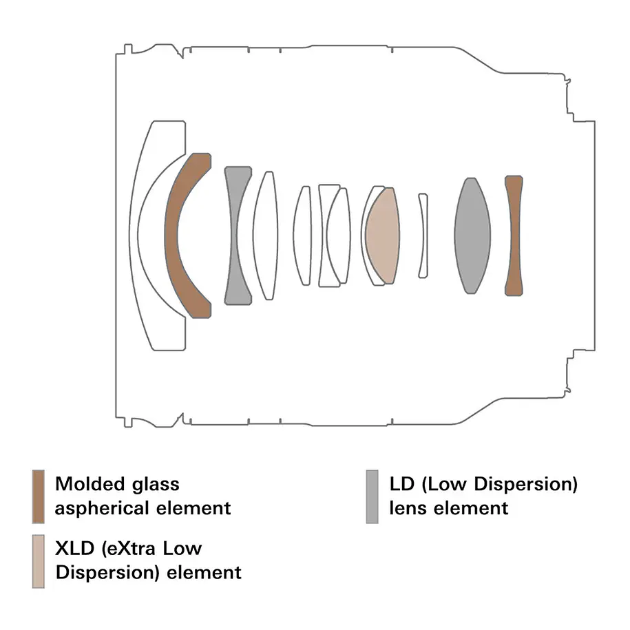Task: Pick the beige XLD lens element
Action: (383, 235)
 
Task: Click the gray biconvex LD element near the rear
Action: (472, 235)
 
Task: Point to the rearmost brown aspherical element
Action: (514, 235)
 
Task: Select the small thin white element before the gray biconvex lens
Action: (423, 235)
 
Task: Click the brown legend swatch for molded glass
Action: (38, 496)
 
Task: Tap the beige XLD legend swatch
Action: (38, 561)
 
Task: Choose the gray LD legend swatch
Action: (372, 496)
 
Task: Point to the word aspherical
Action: (103, 509)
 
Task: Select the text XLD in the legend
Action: (75, 549)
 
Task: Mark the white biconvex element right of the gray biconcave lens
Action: (266, 235)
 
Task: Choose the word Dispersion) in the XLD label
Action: (108, 573)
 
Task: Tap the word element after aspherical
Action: (193, 508)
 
